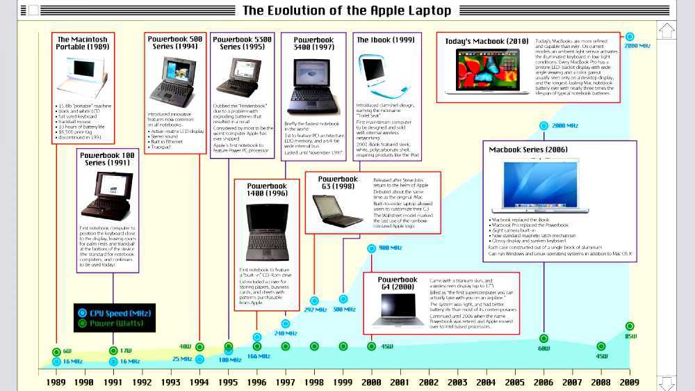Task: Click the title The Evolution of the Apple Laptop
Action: [347, 10]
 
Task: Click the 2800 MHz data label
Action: [637, 46]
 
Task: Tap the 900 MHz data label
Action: [390, 248]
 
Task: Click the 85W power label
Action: [630, 337]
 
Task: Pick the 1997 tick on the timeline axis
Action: [285, 382]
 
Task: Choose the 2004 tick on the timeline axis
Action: [486, 382]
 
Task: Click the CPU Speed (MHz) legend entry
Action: [119, 313]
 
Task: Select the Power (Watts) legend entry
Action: [117, 323]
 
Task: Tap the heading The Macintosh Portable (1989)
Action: [83, 44]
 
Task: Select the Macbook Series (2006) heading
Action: [528, 150]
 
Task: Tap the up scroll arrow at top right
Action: [667, 31]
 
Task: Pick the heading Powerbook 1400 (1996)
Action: [267, 190]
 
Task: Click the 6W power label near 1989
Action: [67, 351]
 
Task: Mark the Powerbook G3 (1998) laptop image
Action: [337, 212]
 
